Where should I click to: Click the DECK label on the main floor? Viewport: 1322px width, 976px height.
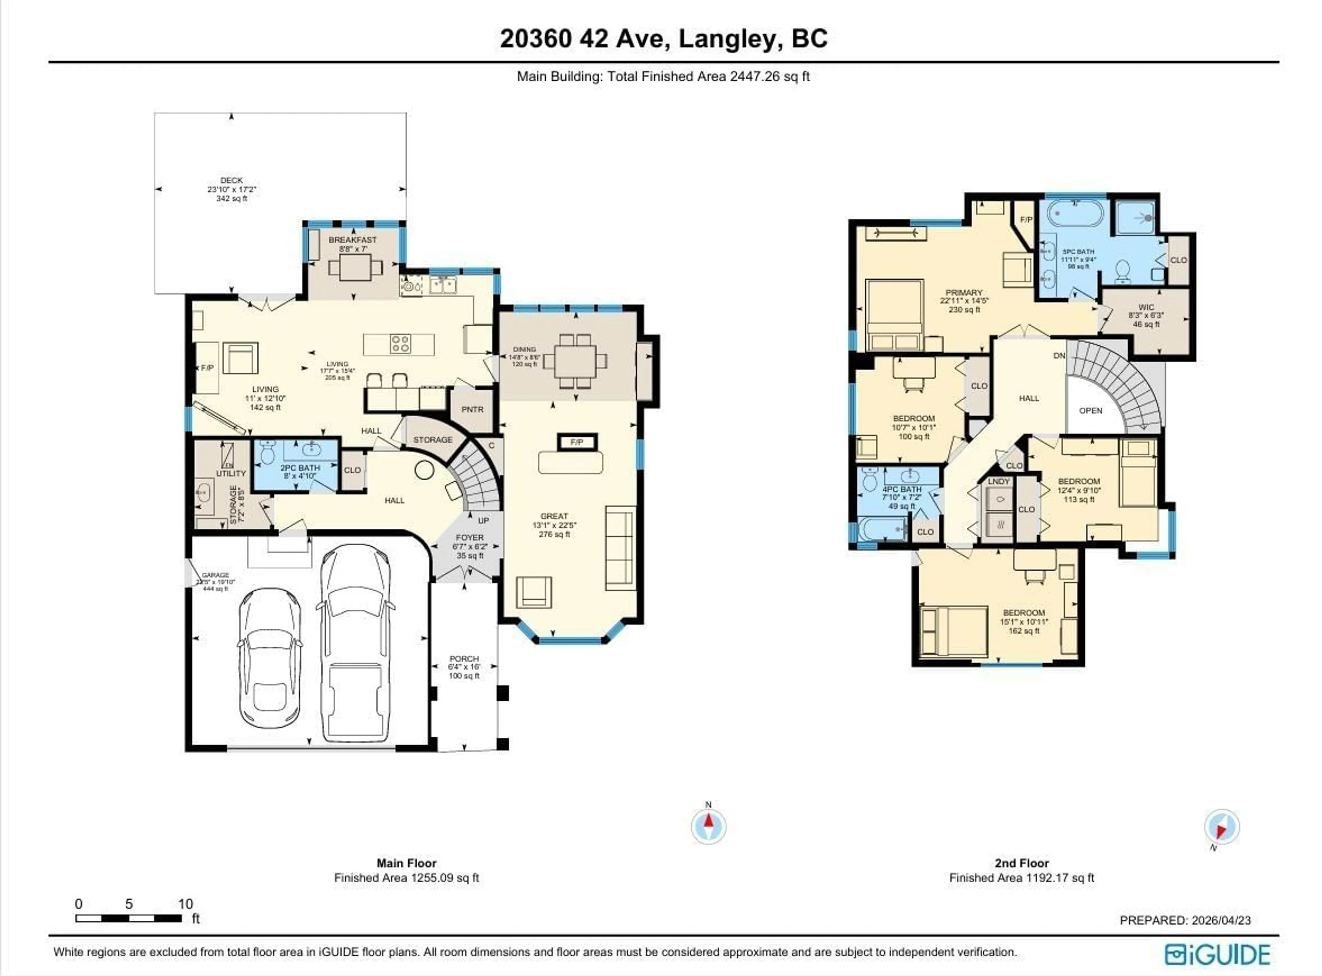click(x=232, y=180)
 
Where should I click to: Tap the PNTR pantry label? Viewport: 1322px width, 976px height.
click(x=472, y=409)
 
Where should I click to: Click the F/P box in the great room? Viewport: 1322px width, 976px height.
click(x=577, y=442)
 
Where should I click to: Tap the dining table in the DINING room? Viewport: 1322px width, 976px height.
click(x=575, y=360)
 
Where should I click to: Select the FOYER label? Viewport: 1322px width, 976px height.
click(x=470, y=538)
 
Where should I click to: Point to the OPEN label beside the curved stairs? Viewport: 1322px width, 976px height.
click(x=1090, y=411)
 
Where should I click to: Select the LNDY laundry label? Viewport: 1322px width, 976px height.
click(x=998, y=482)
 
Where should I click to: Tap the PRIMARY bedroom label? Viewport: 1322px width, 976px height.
click(x=963, y=292)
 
